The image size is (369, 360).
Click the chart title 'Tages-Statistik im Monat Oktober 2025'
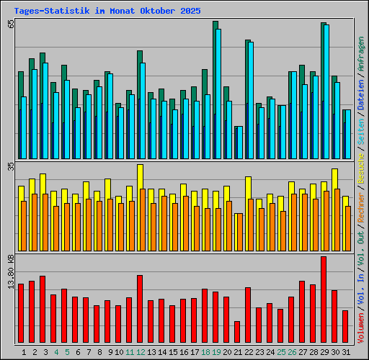[107, 12]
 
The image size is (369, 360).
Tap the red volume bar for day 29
[324, 300]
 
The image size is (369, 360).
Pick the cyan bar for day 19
[218, 94]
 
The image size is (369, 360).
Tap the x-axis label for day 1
[24, 352]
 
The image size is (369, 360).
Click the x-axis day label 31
[346, 352]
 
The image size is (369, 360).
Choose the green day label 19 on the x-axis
[216, 352]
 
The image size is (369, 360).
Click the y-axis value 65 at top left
[11, 24]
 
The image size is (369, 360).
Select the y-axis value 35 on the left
[11, 166]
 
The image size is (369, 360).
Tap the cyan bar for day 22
[251, 100]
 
